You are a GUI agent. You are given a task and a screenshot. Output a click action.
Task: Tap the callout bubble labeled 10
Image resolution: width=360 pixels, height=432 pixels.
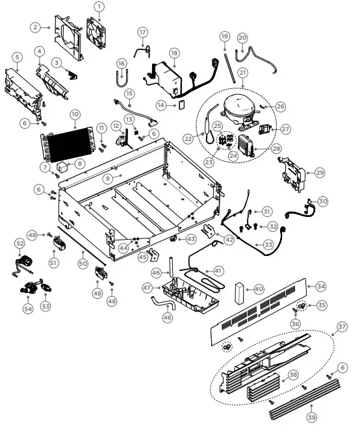click(75, 114)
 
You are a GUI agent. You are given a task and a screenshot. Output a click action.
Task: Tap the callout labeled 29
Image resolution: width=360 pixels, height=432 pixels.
click(319, 173)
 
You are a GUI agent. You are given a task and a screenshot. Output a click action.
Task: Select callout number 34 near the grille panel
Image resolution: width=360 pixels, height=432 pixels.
click(320, 285)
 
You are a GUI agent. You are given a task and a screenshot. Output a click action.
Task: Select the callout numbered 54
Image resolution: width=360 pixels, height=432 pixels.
click(27, 309)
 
